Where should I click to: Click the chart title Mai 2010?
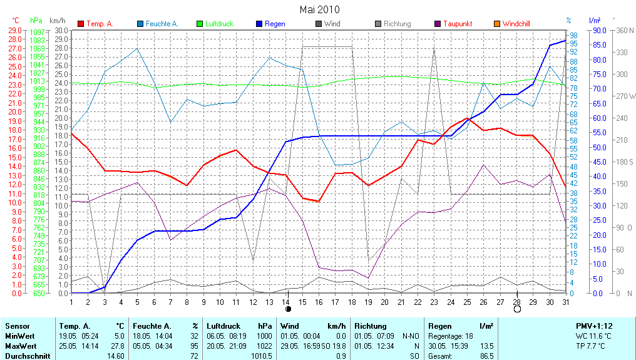(319, 9)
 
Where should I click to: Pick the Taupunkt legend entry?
(458, 24)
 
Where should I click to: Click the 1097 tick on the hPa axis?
(37, 32)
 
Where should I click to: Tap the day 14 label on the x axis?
(287, 302)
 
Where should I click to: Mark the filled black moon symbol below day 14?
(288, 309)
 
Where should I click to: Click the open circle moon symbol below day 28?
(517, 309)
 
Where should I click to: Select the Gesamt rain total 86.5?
(486, 356)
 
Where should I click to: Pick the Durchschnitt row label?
(27, 356)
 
